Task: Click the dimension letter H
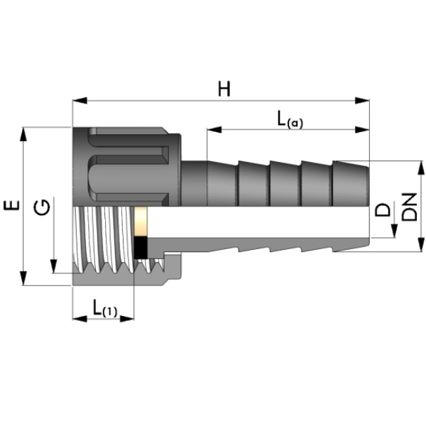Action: coord(224,89)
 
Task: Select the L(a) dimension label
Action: coord(290,120)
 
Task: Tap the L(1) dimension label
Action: coord(105,308)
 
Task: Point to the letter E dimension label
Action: coord(11,205)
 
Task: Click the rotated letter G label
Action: coord(42,207)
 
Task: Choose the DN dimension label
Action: coord(409,207)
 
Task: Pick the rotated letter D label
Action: coord(383,209)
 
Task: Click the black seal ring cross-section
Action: coord(141,248)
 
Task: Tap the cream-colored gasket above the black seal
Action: coord(141,222)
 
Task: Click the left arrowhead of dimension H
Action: coord(80,101)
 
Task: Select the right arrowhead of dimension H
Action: coord(362,101)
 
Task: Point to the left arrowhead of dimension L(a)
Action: coord(214,130)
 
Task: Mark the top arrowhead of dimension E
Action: coord(23,134)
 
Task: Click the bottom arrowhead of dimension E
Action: coord(23,278)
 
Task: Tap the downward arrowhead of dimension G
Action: coord(54,266)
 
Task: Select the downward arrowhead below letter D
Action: coord(395,231)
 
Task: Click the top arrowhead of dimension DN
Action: coord(420,168)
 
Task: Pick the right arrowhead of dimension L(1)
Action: coord(127,319)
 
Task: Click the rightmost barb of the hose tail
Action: coord(351,183)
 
